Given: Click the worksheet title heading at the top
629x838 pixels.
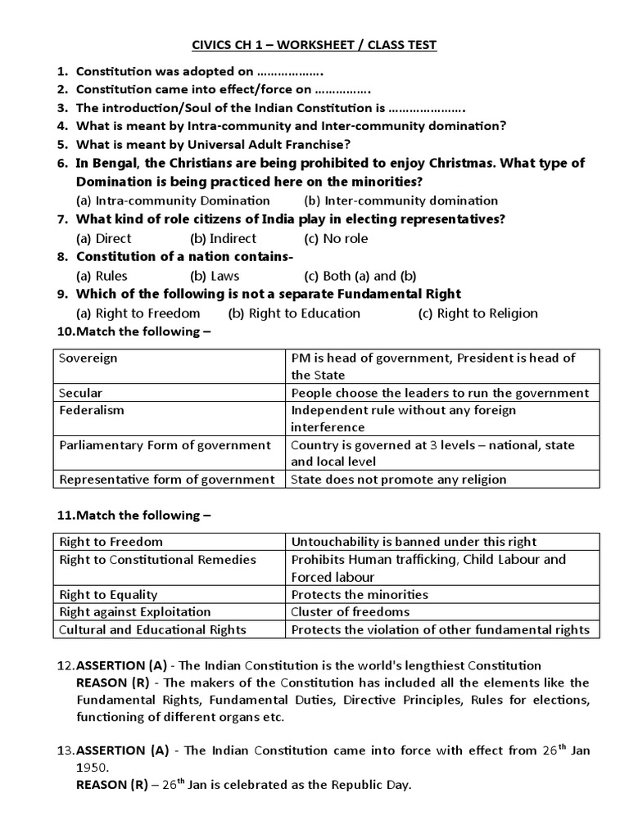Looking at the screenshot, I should pyautogui.click(x=314, y=45).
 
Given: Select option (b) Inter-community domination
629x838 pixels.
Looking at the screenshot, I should pyautogui.click(x=400, y=200).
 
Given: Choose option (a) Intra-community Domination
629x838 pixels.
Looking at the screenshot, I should pyautogui.click(x=173, y=200).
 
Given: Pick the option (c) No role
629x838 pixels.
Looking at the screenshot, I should pyautogui.click(x=336, y=239).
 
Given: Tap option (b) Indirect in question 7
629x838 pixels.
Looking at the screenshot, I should pyautogui.click(x=223, y=239).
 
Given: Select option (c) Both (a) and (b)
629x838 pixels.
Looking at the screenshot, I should pyautogui.click(x=360, y=276).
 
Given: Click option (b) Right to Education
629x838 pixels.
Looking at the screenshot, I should pyautogui.click(x=294, y=313).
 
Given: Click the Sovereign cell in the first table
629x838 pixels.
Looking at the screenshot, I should pyautogui.click(x=88, y=358).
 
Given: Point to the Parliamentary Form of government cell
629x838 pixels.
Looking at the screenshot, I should pyautogui.click(x=165, y=445).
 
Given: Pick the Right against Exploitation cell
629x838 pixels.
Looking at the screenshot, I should pyautogui.click(x=135, y=612).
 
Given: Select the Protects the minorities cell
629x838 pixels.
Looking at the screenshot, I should pyautogui.click(x=360, y=595).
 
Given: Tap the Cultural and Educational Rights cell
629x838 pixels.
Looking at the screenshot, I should pyautogui.click(x=153, y=629).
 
